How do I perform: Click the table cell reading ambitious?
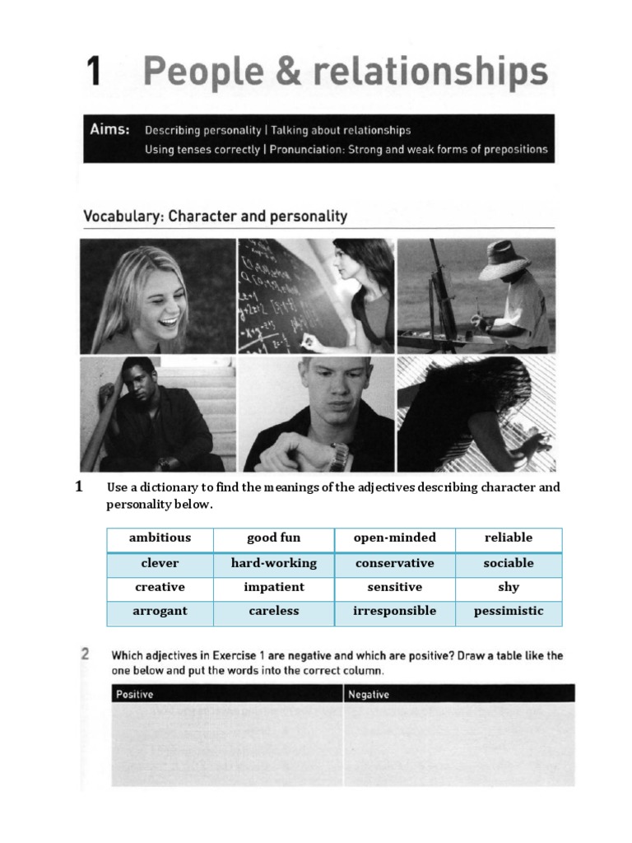tap(160, 538)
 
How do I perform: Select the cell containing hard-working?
tap(274, 563)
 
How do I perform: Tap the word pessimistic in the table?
tap(509, 611)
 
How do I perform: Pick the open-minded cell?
tap(394, 538)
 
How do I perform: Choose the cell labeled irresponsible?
tap(394, 611)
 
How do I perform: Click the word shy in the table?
tap(509, 587)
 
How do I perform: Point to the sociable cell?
tap(509, 563)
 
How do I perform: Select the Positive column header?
tap(135, 694)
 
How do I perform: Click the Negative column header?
tap(369, 694)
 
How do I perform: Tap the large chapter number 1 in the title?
tap(94, 72)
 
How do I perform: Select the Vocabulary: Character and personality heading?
tap(215, 217)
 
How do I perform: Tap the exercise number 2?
tap(86, 655)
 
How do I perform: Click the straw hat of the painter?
tap(504, 260)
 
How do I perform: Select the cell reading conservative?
tap(394, 563)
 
